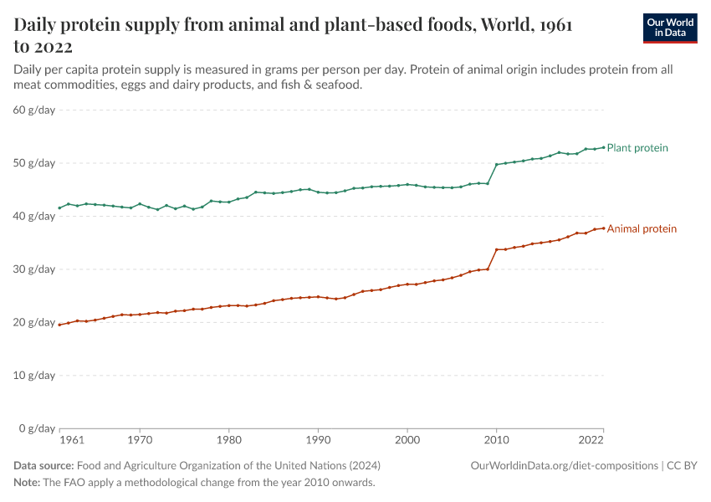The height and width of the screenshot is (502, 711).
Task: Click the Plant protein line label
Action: point(637,148)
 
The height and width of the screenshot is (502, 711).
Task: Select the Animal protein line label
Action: point(642,228)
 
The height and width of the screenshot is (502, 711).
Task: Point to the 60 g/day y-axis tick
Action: point(34,110)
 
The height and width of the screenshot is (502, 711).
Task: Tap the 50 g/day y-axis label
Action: point(34,163)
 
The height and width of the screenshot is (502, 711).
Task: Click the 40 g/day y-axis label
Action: point(34,216)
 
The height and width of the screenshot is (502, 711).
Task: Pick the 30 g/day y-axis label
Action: point(34,269)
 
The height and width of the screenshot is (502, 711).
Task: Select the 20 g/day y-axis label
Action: point(34,322)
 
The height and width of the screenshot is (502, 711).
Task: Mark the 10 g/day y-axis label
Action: point(34,376)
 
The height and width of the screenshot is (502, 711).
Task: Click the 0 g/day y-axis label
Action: point(38,428)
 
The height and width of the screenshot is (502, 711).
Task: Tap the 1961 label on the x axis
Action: point(72,439)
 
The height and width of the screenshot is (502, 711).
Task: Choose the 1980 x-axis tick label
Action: point(228,439)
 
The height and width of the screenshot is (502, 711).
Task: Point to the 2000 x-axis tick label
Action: point(407,439)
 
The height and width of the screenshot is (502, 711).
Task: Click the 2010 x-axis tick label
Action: point(497,439)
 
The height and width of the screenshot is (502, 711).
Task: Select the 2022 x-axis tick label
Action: point(591,439)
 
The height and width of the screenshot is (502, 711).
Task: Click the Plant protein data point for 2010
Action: point(497,165)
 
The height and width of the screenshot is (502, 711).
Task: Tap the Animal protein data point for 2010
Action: point(497,249)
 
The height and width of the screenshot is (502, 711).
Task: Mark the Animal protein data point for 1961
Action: point(59,325)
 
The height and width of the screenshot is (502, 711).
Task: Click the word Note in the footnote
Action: point(27,483)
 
